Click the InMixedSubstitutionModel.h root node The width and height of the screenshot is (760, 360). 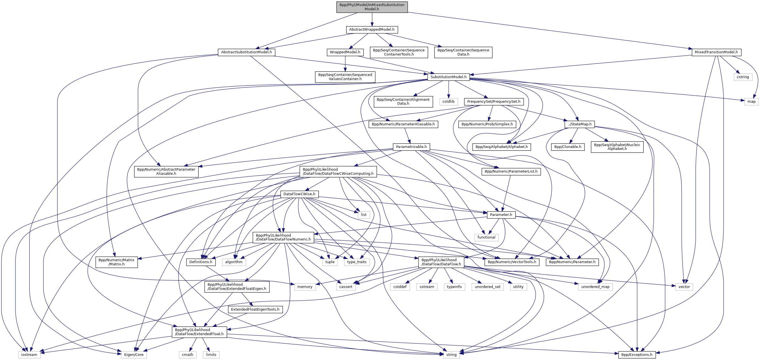pos(372,7)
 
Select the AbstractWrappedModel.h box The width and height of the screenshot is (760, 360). pos(372,30)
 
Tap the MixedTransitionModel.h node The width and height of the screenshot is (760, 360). pos(716,52)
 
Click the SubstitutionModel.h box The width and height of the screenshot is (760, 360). pos(448,77)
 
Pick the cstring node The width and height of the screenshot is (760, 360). pos(743,77)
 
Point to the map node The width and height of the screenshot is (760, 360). pos(751,102)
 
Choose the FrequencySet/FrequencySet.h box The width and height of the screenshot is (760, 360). pos(494,102)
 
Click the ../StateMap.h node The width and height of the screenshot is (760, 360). pos(580,124)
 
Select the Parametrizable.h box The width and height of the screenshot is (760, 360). pos(411,147)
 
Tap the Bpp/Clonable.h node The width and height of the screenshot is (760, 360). pos(568,147)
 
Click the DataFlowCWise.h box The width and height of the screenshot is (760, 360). pos(299,194)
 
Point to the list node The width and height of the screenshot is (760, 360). pos(364,215)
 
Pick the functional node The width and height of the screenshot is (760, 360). pos(486,237)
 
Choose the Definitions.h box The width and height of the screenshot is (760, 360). pos(201,262)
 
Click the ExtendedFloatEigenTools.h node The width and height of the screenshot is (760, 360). pos(255,309)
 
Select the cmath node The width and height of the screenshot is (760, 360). pos(187,355)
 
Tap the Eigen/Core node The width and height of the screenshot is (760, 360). pos(134,355)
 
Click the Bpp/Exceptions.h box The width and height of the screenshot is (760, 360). pos(637,355)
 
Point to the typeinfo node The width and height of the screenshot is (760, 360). pos(454,287)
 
